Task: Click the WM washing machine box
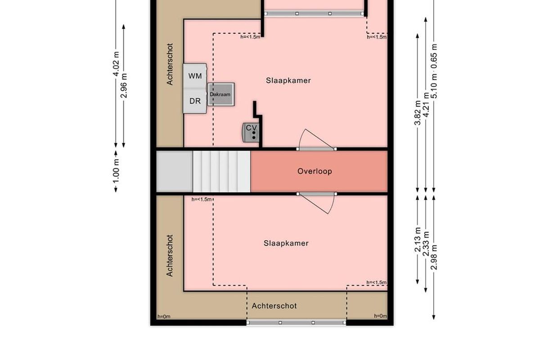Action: pos(195,76)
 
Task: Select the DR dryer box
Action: pos(195,101)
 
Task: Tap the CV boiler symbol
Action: pos(251,132)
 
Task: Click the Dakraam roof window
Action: pos(221,94)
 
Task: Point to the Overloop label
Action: pos(315,171)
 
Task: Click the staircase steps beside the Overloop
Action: pos(221,171)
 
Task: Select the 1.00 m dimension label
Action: pos(116,171)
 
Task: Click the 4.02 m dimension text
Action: pos(116,63)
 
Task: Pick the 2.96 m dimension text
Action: pos(124,85)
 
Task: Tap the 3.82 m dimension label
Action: pos(418,113)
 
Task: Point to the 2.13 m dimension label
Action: pos(418,239)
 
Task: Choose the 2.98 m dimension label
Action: pos(434,257)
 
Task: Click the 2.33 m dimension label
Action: pos(426,243)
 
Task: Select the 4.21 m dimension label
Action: pos(426,105)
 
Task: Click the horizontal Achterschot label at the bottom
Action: pos(274,306)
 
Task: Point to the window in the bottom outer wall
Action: pos(296,323)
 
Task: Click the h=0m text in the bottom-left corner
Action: pos(164,316)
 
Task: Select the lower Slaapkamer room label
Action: pos(286,243)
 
